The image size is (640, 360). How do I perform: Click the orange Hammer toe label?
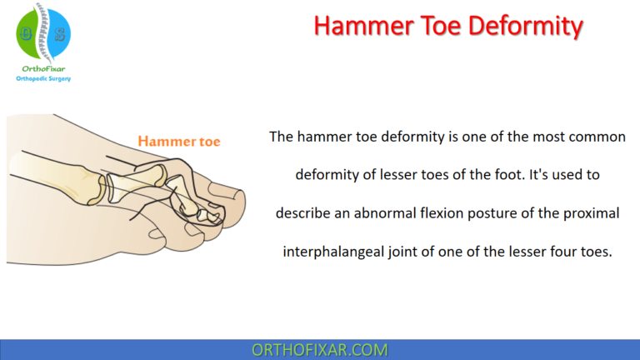pos(178,142)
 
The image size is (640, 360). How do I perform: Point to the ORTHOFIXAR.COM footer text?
pos(319,350)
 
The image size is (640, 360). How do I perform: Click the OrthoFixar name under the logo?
pos(43,68)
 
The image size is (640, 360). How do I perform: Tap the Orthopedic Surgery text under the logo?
pos(43,79)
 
